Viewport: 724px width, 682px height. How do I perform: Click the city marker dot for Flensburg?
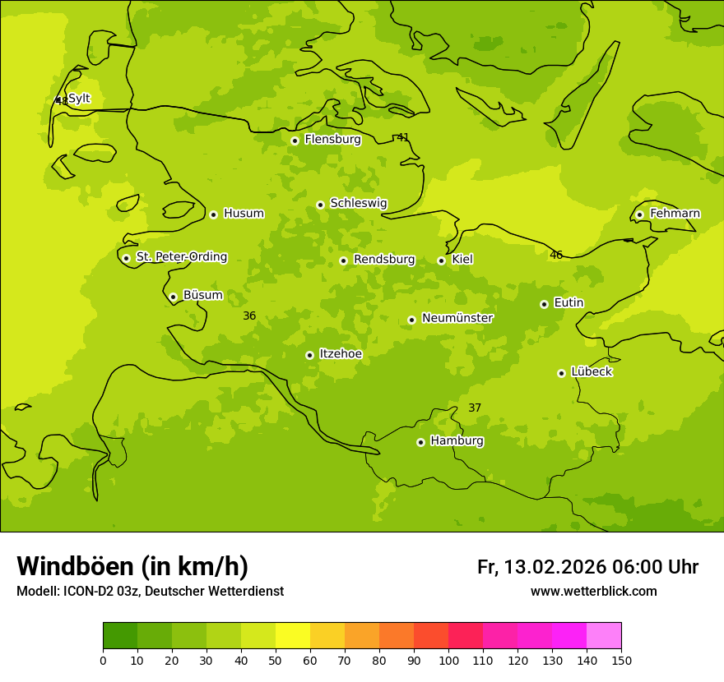tap(295, 141)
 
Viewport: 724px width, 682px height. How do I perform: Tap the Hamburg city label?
tap(457, 440)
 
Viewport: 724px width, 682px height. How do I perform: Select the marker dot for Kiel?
tap(441, 260)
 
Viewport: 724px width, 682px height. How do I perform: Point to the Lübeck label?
tap(591, 371)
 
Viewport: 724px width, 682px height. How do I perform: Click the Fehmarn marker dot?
tap(639, 214)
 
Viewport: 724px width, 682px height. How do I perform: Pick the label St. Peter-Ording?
tap(181, 256)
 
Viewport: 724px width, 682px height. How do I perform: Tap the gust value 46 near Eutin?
tap(556, 255)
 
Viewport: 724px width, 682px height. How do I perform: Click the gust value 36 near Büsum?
tap(249, 316)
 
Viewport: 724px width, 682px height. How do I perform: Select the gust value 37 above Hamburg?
tap(475, 408)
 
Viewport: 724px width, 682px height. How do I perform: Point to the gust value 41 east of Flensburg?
tap(402, 137)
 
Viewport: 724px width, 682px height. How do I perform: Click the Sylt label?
tap(79, 99)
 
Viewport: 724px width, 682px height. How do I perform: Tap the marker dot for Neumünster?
tap(411, 320)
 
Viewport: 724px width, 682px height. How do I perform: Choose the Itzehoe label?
tap(340, 353)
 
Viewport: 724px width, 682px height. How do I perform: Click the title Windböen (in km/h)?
tap(132, 566)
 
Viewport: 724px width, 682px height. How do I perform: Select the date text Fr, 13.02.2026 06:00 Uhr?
tap(587, 567)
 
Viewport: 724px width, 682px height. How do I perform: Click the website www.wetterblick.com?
tap(593, 592)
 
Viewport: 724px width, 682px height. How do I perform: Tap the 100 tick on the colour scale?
tap(448, 660)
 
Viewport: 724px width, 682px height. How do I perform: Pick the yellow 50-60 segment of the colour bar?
tap(293, 636)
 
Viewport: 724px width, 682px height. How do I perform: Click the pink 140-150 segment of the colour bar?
tap(604, 636)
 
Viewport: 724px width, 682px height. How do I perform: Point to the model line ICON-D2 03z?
tap(150, 592)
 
